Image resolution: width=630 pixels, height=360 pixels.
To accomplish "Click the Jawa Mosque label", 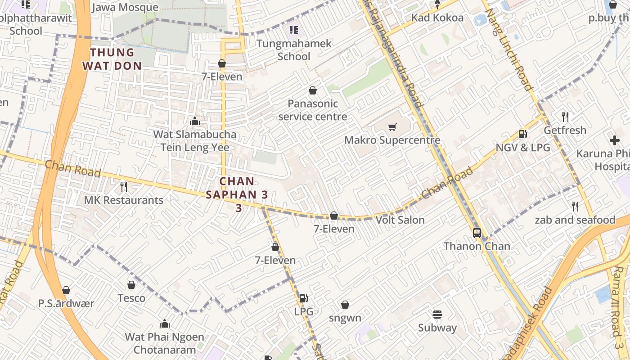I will [x=125, y=8].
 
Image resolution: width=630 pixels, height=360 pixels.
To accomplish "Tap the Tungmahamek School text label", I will [x=294, y=50].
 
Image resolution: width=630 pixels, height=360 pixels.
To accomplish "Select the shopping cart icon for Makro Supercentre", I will [x=392, y=127].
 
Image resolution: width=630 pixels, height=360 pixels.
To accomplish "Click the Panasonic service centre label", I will [x=313, y=110].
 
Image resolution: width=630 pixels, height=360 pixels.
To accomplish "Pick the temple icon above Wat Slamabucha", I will [x=195, y=121].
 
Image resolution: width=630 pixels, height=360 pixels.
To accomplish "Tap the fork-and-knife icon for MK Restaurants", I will [x=124, y=186].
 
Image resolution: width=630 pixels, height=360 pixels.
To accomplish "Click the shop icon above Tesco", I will [x=131, y=285].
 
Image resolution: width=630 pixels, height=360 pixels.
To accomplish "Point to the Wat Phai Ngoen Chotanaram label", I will [x=164, y=343].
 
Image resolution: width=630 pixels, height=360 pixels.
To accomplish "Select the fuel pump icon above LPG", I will [x=304, y=298].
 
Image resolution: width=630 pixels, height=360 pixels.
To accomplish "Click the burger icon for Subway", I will [x=437, y=314].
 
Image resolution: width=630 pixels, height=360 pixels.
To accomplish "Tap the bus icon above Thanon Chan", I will [x=477, y=233].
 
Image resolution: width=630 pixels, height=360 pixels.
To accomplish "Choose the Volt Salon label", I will [x=400, y=220].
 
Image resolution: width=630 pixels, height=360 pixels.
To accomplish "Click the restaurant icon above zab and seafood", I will [x=575, y=207].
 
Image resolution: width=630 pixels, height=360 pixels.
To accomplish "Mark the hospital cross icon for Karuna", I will [x=615, y=140].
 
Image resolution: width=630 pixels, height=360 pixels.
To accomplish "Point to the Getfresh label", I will [x=565, y=130].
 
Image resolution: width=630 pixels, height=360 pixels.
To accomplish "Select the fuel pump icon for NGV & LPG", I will [x=523, y=134].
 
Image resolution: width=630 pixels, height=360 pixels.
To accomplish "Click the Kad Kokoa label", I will [x=437, y=18].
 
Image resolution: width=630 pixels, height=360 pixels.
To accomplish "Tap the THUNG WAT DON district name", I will [x=112, y=59].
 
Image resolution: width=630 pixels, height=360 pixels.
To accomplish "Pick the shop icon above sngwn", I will [x=345, y=305].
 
